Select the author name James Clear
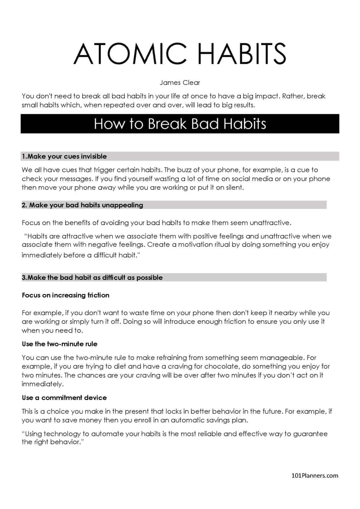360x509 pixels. (x=180, y=83)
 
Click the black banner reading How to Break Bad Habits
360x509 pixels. (x=180, y=124)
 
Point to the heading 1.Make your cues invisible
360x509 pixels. (x=64, y=156)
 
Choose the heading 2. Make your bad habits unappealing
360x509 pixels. (x=83, y=205)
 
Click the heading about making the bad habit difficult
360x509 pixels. (x=92, y=278)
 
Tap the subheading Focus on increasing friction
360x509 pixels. (x=66, y=295)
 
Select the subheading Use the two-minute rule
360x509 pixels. (x=60, y=344)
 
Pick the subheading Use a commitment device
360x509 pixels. (x=64, y=398)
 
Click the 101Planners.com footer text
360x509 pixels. (x=315, y=476)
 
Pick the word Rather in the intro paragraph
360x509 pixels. (x=293, y=96)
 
